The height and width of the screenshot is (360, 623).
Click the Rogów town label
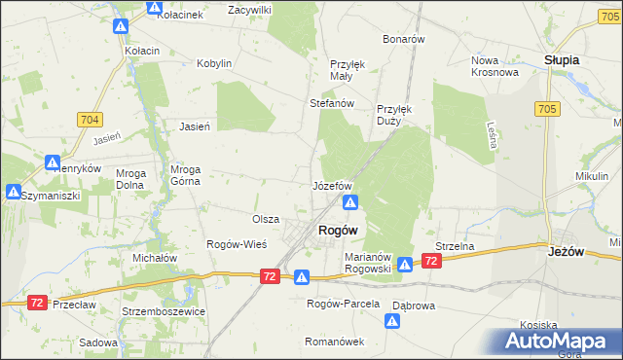[338, 230]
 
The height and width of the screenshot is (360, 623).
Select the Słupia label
[562, 59]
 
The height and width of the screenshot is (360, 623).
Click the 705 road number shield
[545, 110]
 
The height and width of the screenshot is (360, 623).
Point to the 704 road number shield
[89, 120]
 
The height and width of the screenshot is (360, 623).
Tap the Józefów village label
[331, 185]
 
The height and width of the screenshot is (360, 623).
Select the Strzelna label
[455, 246]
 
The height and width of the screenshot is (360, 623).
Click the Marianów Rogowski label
[368, 263]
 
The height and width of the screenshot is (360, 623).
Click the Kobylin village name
[214, 63]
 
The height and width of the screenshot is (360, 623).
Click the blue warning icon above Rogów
[350, 202]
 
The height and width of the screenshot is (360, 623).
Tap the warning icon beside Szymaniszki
[15, 192]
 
